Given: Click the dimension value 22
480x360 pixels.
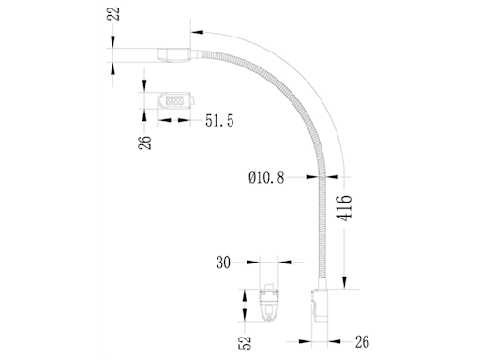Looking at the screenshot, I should point(113,15).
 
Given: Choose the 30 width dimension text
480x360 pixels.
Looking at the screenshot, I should point(224,263).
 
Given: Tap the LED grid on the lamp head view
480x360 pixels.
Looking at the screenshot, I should point(174,98).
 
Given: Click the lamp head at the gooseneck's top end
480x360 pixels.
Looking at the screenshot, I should point(175,52).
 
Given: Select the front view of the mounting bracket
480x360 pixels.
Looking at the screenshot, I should point(269,302).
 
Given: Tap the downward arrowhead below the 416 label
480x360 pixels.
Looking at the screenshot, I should point(345,280).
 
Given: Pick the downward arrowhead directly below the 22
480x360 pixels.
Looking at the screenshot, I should point(113,37).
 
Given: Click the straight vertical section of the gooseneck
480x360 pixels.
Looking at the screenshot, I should point(327,225).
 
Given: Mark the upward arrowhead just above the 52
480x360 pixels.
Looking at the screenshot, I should point(246,324).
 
